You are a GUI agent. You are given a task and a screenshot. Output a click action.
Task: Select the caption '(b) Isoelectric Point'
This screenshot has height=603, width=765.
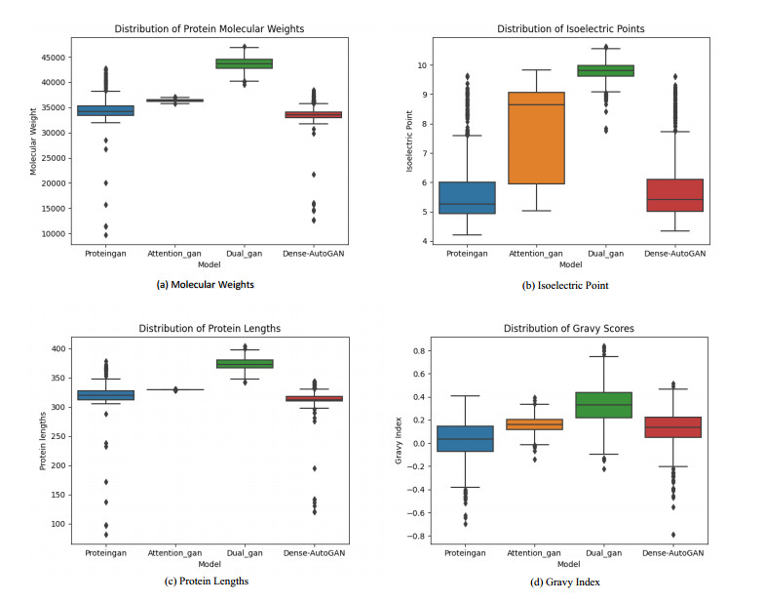pos(566,285)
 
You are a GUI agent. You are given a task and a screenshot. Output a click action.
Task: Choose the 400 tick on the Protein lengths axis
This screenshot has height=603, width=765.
pos(58,348)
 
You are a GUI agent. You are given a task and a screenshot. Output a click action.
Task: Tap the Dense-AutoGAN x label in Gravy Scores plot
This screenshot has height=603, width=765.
pos(675,553)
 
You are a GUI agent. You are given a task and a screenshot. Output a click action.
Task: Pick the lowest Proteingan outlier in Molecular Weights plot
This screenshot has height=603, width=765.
pos(106,234)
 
